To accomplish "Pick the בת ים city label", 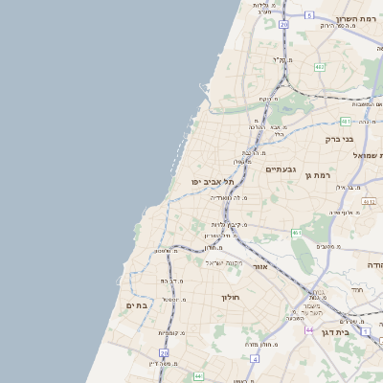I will click(x=138, y=305).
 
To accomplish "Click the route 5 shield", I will click(x=309, y=15).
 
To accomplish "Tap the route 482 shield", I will click(x=319, y=67).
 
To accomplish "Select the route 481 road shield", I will click(x=345, y=122).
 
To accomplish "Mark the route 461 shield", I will click(x=298, y=233).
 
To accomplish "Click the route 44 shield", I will click(x=309, y=329).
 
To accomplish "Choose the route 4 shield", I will click(x=256, y=359).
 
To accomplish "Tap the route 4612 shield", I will click(x=370, y=202).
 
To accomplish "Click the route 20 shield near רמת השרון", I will click(x=283, y=25).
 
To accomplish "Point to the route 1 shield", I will click(x=367, y=331).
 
